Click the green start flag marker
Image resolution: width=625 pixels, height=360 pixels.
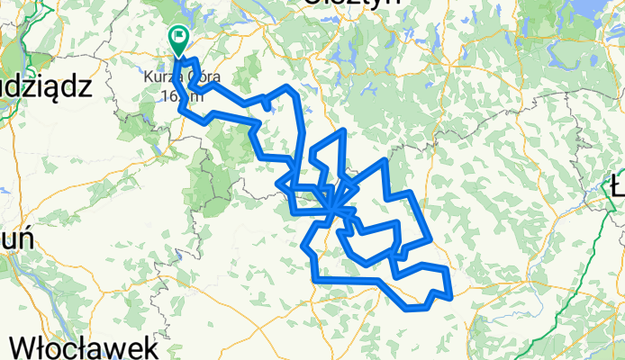177,40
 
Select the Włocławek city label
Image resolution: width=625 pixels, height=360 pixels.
86,347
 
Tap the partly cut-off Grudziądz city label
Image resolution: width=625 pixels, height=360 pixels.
45,86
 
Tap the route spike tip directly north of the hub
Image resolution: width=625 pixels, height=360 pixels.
343,131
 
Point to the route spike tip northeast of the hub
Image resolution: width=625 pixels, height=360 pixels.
385,160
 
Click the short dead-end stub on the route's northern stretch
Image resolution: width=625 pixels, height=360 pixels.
268,107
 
